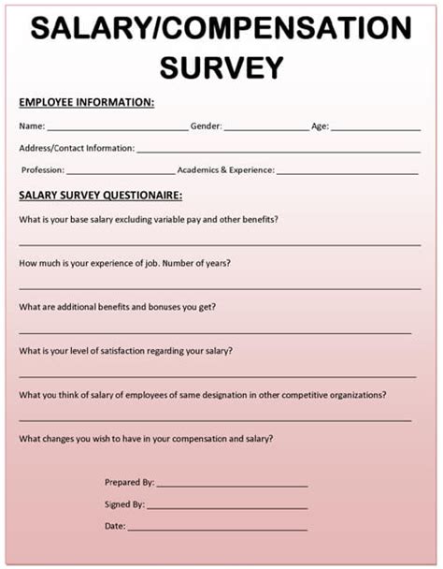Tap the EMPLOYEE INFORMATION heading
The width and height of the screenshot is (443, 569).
point(87,102)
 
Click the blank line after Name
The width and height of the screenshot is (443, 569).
point(117,127)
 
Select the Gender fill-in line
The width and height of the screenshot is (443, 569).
point(265,127)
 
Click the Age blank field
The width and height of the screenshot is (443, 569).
point(375,127)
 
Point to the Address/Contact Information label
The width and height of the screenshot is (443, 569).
point(77,148)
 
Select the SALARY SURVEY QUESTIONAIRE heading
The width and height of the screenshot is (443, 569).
point(100,196)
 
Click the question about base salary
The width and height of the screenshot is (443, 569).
point(149,219)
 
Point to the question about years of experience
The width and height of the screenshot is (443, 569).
point(125,263)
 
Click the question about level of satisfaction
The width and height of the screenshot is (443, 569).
point(126,350)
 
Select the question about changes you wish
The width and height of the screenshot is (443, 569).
point(147,438)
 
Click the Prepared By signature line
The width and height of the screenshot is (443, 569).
point(232,486)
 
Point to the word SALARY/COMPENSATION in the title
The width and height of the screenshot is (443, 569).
point(221,30)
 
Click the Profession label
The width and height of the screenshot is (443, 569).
point(42,170)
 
